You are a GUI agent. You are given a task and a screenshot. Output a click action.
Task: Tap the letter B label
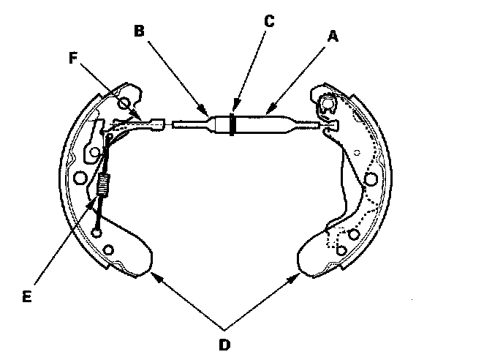pos(140,31)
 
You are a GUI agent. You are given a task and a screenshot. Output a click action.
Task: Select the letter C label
pos(269,20)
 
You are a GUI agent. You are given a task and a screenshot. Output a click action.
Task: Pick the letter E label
pos(26,296)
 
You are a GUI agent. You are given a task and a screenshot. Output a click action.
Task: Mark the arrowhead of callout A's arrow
pos(267,113)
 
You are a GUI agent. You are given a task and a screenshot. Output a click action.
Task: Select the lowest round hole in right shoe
pos(341,251)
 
